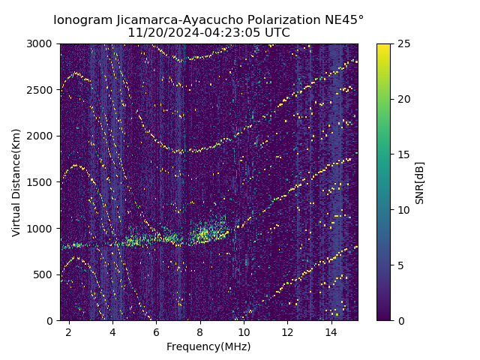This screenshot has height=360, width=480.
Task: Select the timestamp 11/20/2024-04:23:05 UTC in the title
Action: coord(208,33)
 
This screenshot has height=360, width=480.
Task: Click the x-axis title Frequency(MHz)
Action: coord(208,346)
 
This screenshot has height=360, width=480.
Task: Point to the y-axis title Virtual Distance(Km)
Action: coord(16,182)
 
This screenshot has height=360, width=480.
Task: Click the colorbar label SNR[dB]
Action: coord(420,182)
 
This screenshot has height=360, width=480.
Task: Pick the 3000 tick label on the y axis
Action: coord(42,43)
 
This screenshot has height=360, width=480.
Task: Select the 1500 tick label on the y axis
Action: coord(42,182)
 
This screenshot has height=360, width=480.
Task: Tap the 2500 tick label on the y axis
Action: coord(42,90)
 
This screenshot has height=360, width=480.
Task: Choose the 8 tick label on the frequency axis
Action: coord(200,331)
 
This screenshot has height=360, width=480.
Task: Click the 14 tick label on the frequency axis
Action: coord(331,331)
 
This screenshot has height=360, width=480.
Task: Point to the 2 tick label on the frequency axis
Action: coord(69,331)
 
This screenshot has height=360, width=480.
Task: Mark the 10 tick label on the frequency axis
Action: coord(244,331)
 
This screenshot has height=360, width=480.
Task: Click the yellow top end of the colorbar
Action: coord(383,46)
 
